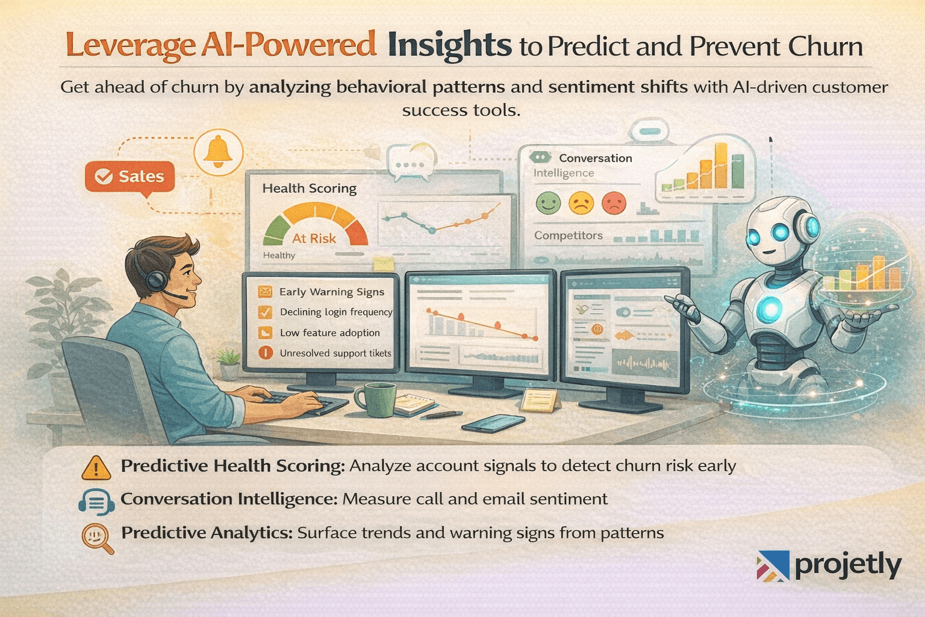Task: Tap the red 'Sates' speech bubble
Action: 130,177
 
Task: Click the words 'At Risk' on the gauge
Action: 314,239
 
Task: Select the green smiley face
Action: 548,203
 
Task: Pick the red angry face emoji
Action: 614,203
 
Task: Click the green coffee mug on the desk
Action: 376,400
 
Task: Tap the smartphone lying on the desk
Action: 493,424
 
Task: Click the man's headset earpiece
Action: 157,280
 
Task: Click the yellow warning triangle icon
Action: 96,468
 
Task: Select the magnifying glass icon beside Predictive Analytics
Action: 97,537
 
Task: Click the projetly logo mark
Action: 773,566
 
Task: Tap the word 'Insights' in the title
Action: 449,46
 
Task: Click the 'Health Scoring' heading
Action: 310,189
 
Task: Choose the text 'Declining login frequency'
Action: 336,312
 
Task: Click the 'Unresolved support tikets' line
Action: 335,353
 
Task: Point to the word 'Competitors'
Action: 568,236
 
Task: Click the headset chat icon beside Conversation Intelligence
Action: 96,501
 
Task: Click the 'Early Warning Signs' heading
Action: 332,292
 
